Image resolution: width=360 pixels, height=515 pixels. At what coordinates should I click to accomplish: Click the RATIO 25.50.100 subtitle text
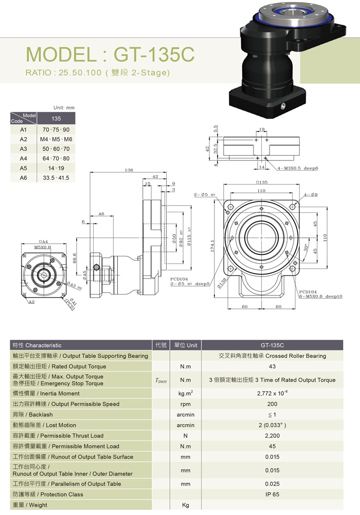[x=97, y=72]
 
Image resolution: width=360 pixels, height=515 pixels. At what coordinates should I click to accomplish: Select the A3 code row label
[x=23, y=149]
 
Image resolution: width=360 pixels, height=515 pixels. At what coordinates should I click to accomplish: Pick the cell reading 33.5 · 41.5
[x=56, y=178]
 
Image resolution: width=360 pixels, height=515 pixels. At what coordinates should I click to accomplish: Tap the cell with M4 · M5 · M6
[x=56, y=139]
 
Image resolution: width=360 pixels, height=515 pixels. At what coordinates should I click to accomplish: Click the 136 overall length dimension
[x=129, y=170]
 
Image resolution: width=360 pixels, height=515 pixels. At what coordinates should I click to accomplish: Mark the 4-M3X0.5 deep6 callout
[x=298, y=168]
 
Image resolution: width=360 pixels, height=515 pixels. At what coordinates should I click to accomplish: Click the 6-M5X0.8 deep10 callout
[x=320, y=297]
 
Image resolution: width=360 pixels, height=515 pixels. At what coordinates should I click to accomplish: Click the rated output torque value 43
[x=272, y=366]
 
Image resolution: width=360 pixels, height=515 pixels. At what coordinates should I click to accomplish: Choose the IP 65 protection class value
[x=272, y=494]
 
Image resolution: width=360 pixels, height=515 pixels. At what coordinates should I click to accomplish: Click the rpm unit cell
[x=186, y=404]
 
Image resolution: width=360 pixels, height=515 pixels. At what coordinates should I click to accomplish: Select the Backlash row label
[x=32, y=414]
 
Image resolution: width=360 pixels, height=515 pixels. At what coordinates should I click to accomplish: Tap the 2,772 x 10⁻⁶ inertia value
[x=272, y=393]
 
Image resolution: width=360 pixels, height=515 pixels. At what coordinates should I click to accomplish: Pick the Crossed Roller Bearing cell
[x=272, y=356]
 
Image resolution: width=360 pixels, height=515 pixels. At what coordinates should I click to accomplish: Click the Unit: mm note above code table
[x=64, y=108]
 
